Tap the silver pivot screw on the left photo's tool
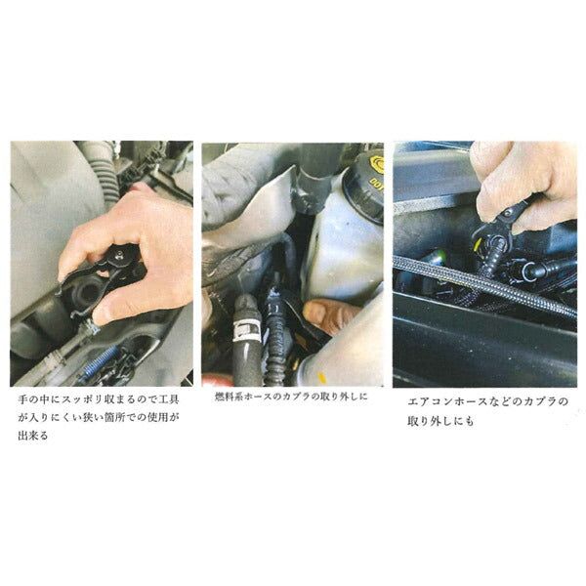coord(119,255)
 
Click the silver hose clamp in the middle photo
coord(245,331)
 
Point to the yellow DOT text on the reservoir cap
coord(376,184)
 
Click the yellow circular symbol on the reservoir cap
coord(377,164)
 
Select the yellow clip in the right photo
coord(477,245)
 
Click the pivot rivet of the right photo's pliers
coord(508,213)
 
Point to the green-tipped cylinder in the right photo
coord(434,257)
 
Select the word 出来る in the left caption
coord(33,436)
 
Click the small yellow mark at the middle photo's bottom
coord(321,378)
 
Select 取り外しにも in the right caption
coord(441,422)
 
